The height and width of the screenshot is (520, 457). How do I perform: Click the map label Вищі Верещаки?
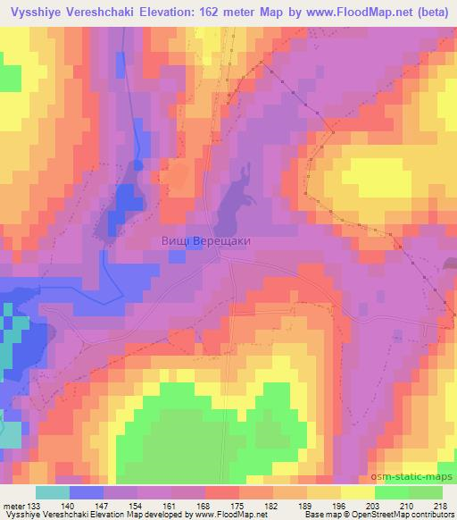pos(199,241)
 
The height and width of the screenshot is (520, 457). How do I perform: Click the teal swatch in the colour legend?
pos(54,492)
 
